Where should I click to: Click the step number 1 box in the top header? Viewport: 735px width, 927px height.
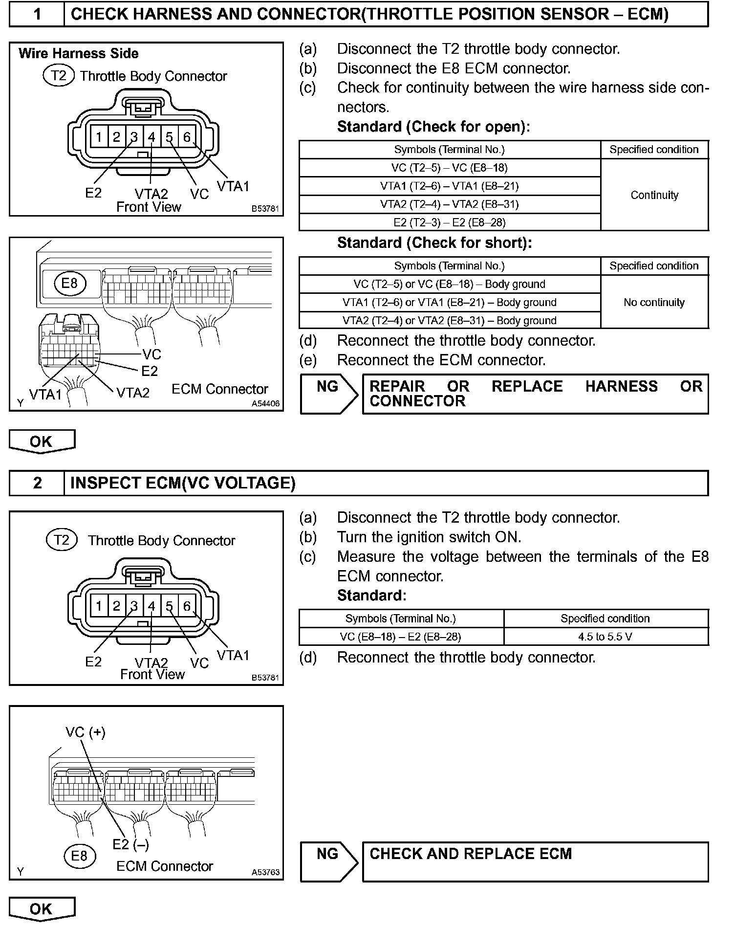pyautogui.click(x=37, y=14)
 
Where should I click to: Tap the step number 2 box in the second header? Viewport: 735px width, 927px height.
pyautogui.click(x=37, y=483)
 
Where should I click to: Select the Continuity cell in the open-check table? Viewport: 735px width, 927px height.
pyautogui.click(x=654, y=195)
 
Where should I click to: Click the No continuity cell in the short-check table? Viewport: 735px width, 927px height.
pyautogui.click(x=654, y=302)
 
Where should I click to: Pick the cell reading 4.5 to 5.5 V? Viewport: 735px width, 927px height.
pyautogui.click(x=605, y=637)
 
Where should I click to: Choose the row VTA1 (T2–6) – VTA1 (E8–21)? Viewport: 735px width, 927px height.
pyautogui.click(x=450, y=186)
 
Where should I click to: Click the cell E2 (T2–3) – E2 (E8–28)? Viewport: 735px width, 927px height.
pyautogui.click(x=450, y=222)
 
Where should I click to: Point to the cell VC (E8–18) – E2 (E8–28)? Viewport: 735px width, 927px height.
pyautogui.click(x=401, y=637)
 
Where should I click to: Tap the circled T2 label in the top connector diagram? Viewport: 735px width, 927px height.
pyautogui.click(x=59, y=76)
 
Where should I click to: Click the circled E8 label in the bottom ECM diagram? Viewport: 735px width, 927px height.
pyautogui.click(x=79, y=856)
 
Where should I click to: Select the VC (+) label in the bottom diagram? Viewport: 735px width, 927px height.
pyautogui.click(x=86, y=732)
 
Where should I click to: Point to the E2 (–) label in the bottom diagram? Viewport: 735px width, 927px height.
pyautogui.click(x=130, y=844)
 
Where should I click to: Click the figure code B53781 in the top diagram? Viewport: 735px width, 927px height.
pyautogui.click(x=265, y=209)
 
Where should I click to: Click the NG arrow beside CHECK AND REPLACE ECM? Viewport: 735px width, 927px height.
pyautogui.click(x=328, y=861)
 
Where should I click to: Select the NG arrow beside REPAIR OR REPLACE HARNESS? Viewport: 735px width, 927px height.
pyautogui.click(x=328, y=394)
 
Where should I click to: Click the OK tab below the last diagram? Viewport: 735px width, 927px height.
pyautogui.click(x=42, y=909)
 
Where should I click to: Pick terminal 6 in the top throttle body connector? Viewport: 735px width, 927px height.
pyautogui.click(x=187, y=137)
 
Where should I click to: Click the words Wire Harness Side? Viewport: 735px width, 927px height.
pyautogui.click(x=79, y=53)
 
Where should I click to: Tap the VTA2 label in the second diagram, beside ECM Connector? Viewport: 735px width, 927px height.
pyautogui.click(x=133, y=393)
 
